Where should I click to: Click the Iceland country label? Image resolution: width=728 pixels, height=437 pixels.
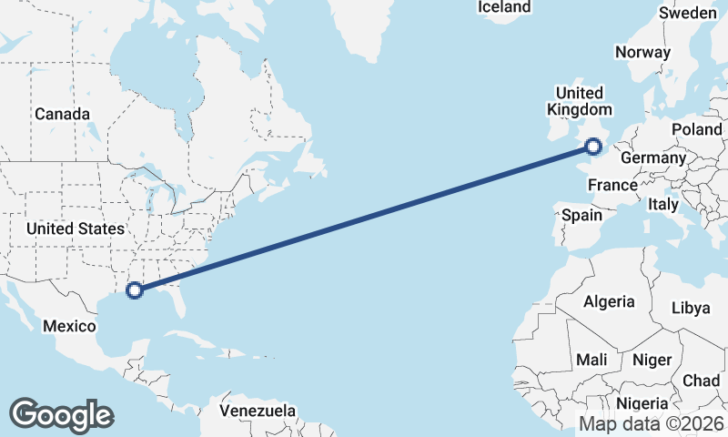(503, 7)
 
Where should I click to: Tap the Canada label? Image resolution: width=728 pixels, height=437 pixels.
(62, 114)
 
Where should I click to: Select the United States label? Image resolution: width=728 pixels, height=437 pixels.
(75, 229)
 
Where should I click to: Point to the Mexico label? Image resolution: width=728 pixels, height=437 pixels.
(71, 326)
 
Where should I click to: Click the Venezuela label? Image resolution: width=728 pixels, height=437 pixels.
(258, 411)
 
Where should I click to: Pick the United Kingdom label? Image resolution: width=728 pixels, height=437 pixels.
(579, 101)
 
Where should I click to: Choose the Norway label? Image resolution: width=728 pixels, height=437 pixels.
(642, 52)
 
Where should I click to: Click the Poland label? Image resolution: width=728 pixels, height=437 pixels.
(696, 129)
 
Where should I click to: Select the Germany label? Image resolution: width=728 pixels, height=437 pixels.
(652, 158)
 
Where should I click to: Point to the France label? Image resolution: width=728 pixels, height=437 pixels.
(612, 186)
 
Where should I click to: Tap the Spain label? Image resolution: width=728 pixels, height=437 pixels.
(581, 216)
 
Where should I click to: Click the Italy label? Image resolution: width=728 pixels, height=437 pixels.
(663, 206)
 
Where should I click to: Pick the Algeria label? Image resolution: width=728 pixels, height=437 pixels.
(609, 302)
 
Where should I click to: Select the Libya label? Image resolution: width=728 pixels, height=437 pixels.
(690, 308)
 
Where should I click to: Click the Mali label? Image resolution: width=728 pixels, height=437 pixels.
(591, 361)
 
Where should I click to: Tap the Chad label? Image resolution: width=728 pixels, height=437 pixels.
(701, 380)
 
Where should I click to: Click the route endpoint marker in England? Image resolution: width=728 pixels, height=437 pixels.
(593, 146)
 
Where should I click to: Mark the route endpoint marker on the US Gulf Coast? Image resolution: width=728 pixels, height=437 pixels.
(135, 290)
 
